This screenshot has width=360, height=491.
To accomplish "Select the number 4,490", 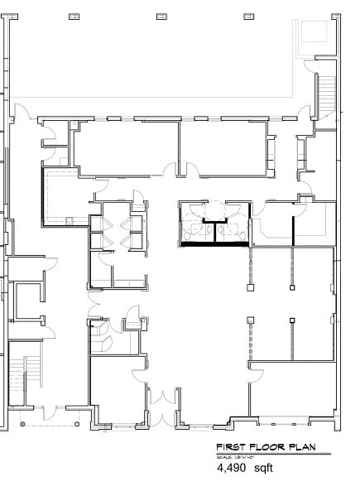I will coord(232,468).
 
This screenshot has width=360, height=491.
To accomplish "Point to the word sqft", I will coord(263,469).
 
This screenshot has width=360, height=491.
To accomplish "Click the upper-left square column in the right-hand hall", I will coord(250,290).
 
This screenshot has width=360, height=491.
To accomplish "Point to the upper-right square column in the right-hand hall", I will coord(291,290).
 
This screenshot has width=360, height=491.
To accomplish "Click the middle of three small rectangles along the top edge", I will coord(160,16).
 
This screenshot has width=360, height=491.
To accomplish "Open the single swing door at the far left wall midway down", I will coord(51,261).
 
